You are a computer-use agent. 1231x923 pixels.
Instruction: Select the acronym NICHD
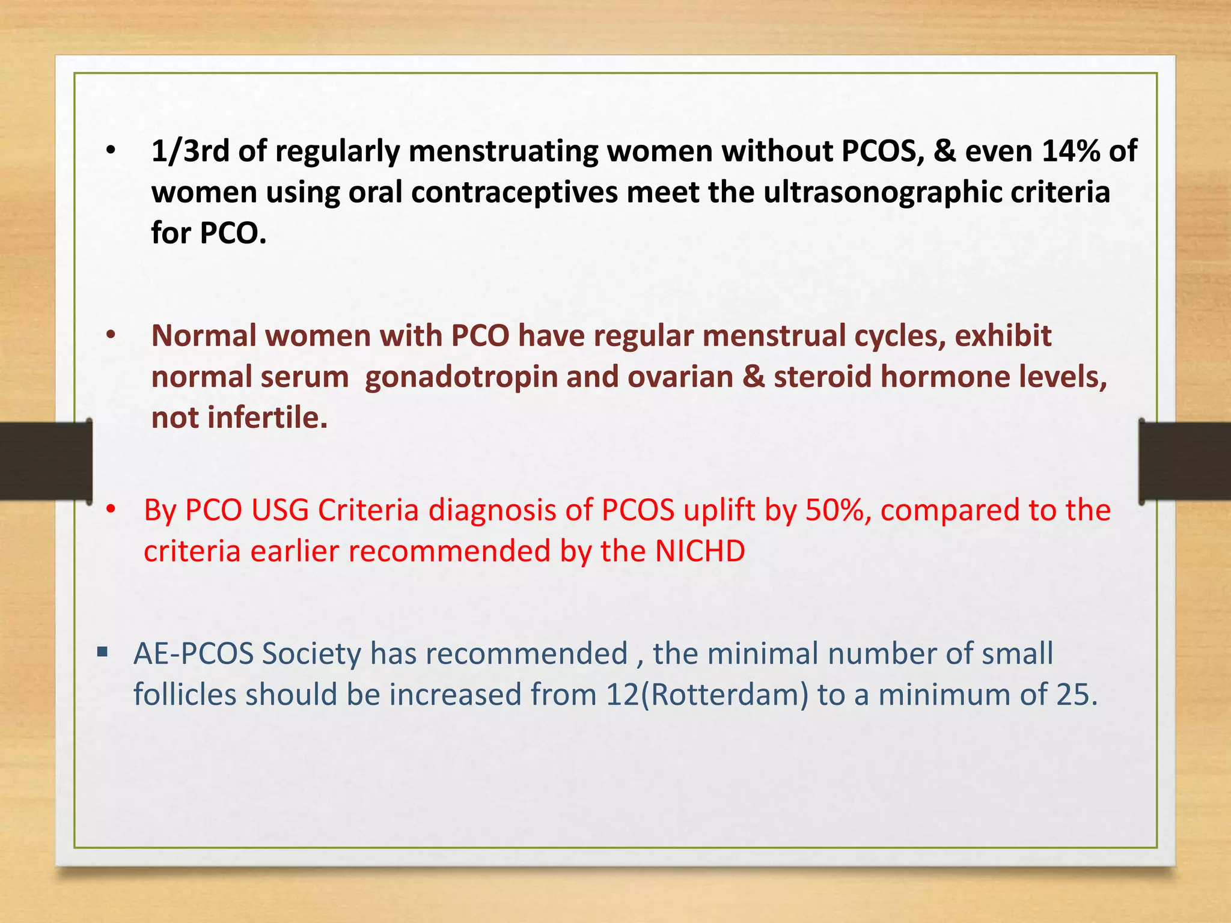click(700, 551)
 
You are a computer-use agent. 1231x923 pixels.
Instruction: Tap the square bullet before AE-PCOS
click(102, 651)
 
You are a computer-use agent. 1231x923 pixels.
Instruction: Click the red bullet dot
click(111, 510)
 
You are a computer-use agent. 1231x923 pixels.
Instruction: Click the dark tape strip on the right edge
click(1185, 461)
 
